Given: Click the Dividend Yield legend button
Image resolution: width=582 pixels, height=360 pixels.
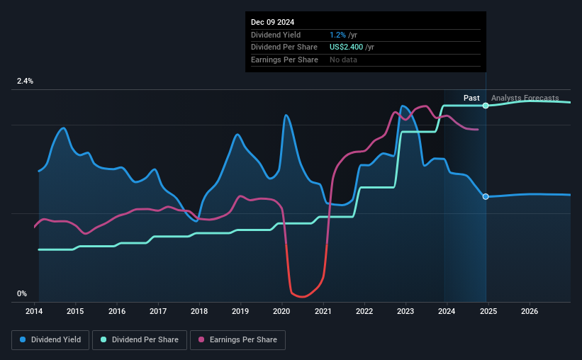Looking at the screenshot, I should pos(50,340).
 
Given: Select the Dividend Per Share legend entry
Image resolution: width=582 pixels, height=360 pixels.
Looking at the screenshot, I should pos(144,340).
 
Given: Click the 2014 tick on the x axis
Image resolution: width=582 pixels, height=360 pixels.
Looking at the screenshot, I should pos(35,311).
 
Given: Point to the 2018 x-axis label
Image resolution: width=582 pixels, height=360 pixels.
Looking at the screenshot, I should pos(199,311).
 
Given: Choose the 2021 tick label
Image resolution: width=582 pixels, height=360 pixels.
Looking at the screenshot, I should pos(323,311).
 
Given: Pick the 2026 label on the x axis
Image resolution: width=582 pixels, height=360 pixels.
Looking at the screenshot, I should pos(529,311).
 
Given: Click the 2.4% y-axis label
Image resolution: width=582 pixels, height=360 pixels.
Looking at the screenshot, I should pos(26,81).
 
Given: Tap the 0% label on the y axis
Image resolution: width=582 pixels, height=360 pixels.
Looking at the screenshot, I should pos(22,293).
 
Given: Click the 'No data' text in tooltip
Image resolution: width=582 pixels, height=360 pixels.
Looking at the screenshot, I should pos(344,60).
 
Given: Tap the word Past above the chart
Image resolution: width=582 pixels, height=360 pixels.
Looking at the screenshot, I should pos(471,98).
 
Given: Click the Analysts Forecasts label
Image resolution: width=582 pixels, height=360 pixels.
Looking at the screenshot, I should pos(525,98).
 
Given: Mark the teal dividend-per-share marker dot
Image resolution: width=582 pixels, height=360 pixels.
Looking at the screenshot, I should pos(486,106).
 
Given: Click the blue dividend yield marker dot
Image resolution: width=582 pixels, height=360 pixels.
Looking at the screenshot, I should pos(486,196).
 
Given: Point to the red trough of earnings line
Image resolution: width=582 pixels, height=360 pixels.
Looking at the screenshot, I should pos(301,296).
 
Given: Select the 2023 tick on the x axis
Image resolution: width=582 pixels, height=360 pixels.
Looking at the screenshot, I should pos(405,311).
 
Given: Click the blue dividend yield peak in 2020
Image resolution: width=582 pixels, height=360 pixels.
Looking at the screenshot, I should pos(286,115).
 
